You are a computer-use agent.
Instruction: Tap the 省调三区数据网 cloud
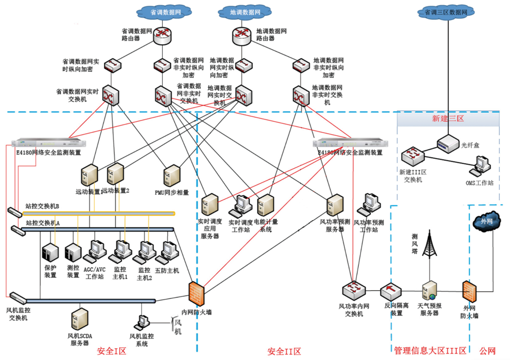point(446,11)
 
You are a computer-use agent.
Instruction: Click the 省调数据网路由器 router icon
point(162,34)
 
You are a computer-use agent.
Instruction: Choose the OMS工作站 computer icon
point(480,164)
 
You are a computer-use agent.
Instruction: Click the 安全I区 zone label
point(112,351)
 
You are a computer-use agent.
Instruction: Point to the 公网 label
point(488,351)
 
